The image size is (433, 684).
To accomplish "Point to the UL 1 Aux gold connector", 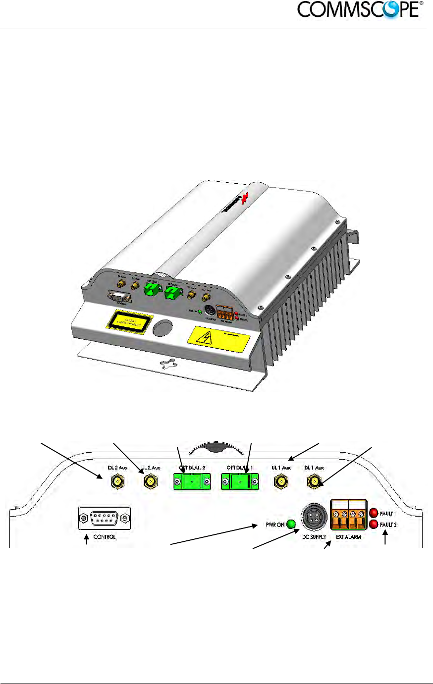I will (x=281, y=480).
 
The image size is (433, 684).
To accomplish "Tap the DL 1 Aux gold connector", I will (x=313, y=480).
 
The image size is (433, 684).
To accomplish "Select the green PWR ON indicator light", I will (x=291, y=525).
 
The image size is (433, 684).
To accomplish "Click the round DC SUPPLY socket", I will (x=314, y=521).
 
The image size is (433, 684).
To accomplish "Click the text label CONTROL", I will (x=105, y=537).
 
